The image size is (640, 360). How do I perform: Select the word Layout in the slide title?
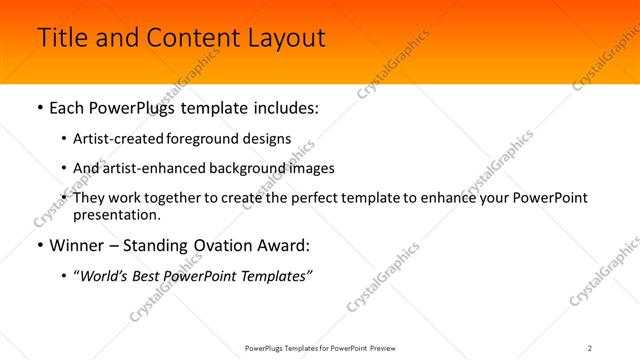click(287, 38)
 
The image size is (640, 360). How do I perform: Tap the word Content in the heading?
click(189, 38)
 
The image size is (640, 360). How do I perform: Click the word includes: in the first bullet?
click(284, 107)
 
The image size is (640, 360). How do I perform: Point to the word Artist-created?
click(114, 139)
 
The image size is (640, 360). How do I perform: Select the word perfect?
click(306, 198)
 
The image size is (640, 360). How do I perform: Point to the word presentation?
click(116, 214)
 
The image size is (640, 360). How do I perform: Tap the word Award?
click(282, 245)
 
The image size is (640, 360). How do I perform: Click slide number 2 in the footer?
click(590, 348)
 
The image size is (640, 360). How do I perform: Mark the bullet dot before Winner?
click(38, 246)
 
